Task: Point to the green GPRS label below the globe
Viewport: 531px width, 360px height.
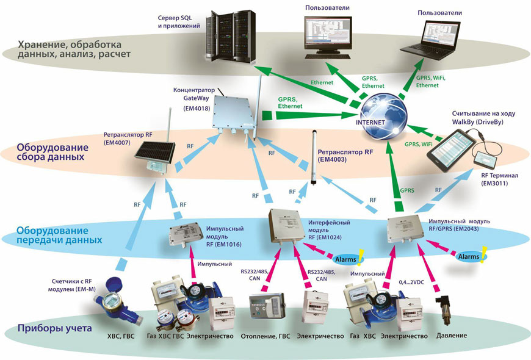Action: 407,190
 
